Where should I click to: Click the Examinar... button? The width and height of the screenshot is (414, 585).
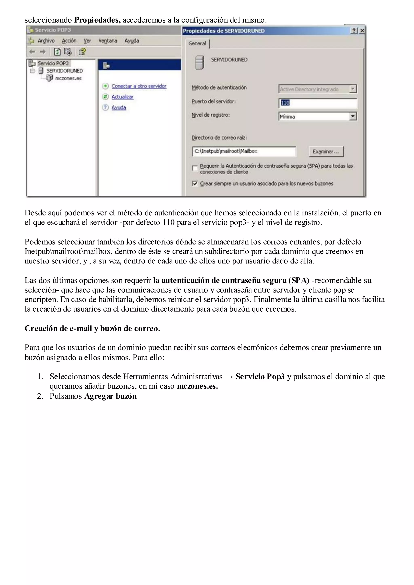(x=326, y=152)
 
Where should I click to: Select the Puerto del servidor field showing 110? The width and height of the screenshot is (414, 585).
(x=317, y=103)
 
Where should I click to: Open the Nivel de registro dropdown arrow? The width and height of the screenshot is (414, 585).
(x=353, y=116)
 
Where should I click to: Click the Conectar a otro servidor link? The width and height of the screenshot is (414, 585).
(x=139, y=86)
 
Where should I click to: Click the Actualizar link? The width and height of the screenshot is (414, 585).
(x=122, y=97)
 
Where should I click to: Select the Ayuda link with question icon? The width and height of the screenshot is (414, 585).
(x=118, y=108)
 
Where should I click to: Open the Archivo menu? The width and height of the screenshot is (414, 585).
(x=46, y=41)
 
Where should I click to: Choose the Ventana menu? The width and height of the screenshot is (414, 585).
(x=108, y=41)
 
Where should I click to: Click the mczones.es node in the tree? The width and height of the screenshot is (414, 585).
(x=68, y=78)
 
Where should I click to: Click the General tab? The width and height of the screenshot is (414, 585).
(x=197, y=44)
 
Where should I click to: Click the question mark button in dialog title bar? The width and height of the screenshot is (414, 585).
(x=354, y=31)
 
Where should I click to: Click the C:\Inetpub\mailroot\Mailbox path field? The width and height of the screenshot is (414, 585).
(x=244, y=151)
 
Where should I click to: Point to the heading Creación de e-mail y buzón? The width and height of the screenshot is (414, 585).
(x=92, y=328)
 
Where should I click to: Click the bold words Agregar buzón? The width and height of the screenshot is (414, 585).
(x=110, y=396)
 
